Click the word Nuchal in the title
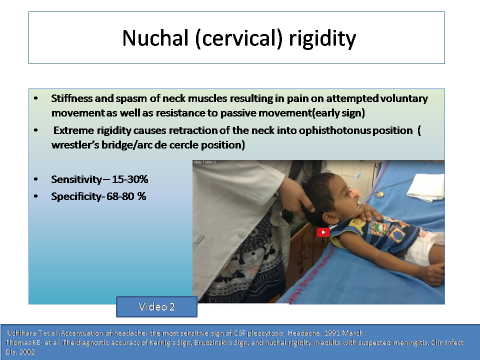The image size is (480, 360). (155, 38)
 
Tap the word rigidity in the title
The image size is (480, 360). (322, 39)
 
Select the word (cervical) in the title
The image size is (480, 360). (238, 39)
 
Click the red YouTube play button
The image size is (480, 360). (323, 232)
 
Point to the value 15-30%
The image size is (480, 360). (130, 179)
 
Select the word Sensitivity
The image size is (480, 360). (76, 179)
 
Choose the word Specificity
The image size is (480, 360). (76, 196)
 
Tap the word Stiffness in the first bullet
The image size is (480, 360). (71, 98)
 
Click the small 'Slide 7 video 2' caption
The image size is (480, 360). (205, 162)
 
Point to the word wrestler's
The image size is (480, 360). (75, 145)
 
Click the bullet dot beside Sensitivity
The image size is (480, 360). (36, 179)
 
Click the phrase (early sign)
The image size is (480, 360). (338, 113)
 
